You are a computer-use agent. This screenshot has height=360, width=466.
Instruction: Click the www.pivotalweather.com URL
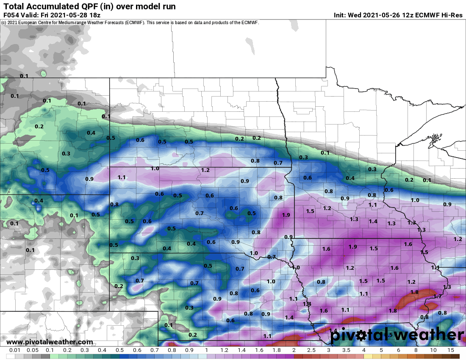[50, 342]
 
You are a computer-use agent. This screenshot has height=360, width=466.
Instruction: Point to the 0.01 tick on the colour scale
[15, 350]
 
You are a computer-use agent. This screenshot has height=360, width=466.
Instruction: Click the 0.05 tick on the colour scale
[33, 350]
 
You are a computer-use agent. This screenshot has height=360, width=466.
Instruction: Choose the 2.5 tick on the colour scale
[311, 350]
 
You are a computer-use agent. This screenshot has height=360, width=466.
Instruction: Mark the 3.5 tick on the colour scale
[346, 350]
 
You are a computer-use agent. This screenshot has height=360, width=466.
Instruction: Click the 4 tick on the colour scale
[363, 350]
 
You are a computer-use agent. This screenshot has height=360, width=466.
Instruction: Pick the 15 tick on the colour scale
[451, 350]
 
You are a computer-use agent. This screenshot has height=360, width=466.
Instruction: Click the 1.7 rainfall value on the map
[438, 296]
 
